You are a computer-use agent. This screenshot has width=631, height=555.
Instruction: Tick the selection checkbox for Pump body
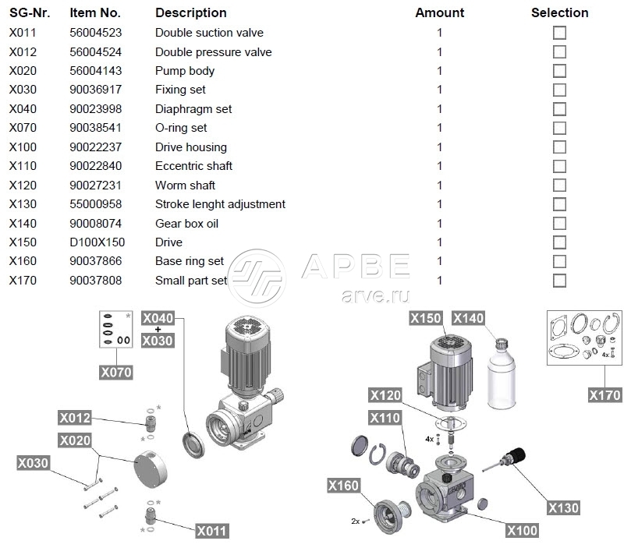(x=559, y=71)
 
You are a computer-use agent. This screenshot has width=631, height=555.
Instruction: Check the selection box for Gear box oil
(x=559, y=224)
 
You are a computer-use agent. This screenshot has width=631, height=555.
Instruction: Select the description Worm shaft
(x=185, y=186)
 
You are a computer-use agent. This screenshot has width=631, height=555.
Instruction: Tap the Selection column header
(x=559, y=12)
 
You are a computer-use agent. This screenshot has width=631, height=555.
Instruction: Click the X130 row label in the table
(x=23, y=204)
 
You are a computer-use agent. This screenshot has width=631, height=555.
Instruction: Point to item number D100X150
(x=97, y=242)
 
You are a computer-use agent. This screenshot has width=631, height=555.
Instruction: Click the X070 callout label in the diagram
(x=116, y=373)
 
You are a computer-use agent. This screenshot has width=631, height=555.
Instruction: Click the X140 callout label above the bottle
(x=469, y=318)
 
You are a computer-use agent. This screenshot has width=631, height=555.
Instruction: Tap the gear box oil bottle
(x=498, y=373)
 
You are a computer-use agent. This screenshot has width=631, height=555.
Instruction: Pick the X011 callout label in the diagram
(x=211, y=531)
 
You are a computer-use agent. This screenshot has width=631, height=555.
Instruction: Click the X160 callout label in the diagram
(x=344, y=486)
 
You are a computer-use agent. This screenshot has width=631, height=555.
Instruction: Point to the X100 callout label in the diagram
(x=522, y=531)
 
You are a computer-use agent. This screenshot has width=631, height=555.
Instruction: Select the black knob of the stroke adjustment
(x=518, y=452)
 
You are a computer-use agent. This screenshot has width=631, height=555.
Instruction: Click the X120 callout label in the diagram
(x=385, y=395)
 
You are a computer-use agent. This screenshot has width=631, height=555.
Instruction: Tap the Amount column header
(x=439, y=12)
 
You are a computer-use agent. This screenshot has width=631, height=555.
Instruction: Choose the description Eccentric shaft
(x=193, y=166)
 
